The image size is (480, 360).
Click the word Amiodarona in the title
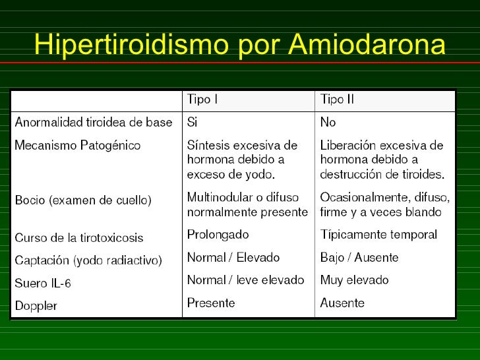tap(367, 45)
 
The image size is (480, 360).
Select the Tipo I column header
tap(202, 100)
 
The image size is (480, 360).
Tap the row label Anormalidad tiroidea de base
tap(94, 123)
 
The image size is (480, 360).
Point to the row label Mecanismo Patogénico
tap(78, 146)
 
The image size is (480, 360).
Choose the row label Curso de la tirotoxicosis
tap(79, 237)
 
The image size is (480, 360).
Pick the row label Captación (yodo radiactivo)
tap(88, 260)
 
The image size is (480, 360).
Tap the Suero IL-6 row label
tap(44, 284)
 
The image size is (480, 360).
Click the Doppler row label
tap(36, 306)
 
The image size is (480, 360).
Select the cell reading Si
tap(193, 123)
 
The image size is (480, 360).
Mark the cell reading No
tap(328, 123)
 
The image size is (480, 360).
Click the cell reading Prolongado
tap(218, 235)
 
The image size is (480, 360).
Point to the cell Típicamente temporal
tap(378, 235)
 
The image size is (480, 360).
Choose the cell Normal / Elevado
tap(233, 258)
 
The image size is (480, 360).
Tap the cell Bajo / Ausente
tap(359, 258)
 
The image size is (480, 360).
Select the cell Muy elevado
tap(354, 280)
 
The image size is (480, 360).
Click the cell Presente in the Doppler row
tap(211, 303)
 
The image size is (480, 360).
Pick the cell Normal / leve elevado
tap(246, 280)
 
